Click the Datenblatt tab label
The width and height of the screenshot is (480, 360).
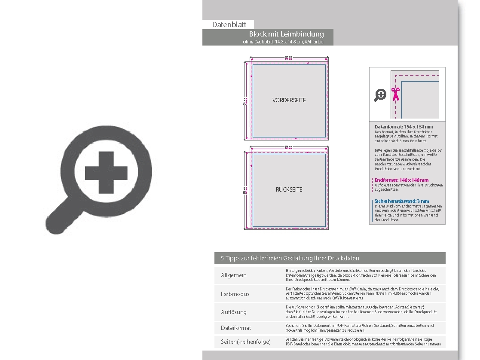(x=229, y=24)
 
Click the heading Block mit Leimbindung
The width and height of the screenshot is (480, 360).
(x=286, y=34)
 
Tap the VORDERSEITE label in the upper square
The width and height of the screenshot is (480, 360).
(x=289, y=100)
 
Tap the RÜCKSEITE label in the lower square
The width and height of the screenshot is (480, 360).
(x=289, y=189)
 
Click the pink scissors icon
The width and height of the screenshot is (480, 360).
(x=395, y=94)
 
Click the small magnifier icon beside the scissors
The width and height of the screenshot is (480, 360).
(x=380, y=95)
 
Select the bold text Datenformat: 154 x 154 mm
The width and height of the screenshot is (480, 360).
(x=404, y=127)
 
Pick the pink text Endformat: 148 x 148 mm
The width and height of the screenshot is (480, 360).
(x=401, y=180)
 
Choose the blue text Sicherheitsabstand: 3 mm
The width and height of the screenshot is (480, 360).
(x=402, y=201)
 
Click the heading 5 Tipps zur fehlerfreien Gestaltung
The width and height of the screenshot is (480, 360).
(x=290, y=258)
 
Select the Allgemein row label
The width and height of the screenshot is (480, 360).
(x=234, y=275)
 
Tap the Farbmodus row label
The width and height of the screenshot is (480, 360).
(x=235, y=294)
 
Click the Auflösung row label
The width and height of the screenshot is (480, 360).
(x=234, y=312)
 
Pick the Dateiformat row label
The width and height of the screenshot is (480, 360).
(x=236, y=328)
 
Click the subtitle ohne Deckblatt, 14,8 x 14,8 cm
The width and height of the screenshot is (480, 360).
(x=282, y=42)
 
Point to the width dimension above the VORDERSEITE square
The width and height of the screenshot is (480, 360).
(x=289, y=58)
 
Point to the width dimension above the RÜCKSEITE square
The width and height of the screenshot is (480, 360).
(x=289, y=147)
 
